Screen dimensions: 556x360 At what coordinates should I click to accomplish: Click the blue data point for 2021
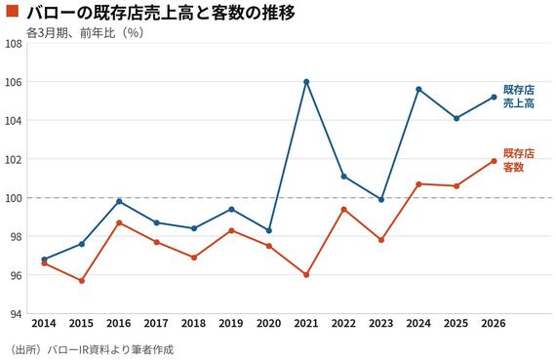306,82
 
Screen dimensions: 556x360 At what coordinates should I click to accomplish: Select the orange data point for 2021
306,274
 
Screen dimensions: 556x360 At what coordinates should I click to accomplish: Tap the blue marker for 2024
418,90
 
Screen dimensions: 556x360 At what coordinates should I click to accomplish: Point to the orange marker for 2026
494,161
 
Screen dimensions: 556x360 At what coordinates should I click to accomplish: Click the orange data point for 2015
82,281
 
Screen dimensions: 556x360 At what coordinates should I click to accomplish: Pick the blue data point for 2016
119,201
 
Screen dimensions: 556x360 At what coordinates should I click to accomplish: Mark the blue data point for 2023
381,200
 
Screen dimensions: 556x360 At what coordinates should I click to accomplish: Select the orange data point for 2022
343,209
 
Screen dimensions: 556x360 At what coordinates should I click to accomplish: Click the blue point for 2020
269,230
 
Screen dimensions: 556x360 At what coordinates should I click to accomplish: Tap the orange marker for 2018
194,258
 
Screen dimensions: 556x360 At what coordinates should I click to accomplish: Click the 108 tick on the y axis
14,44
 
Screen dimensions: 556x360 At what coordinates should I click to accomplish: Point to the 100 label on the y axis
14,198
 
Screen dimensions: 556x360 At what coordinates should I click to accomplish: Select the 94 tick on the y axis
16,314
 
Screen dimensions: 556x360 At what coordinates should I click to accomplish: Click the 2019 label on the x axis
231,324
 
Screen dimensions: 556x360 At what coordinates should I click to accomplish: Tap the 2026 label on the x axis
494,324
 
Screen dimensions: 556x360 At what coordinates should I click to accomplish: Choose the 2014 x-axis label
44,324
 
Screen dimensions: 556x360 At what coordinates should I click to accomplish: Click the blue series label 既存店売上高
519,97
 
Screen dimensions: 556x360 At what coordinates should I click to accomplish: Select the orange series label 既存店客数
519,160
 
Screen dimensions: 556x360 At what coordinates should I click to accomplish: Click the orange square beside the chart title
12,11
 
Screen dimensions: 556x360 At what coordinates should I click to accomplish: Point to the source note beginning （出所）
91,350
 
